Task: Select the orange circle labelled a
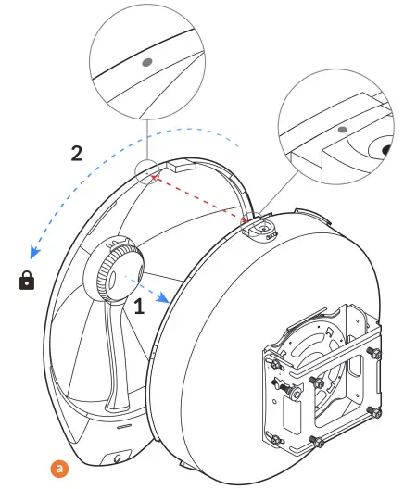pos(61,469)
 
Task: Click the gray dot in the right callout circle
pos(342,129)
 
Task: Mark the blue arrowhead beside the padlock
pos(34,252)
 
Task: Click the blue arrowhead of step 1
pos(163,295)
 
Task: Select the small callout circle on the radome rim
pos(145,171)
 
